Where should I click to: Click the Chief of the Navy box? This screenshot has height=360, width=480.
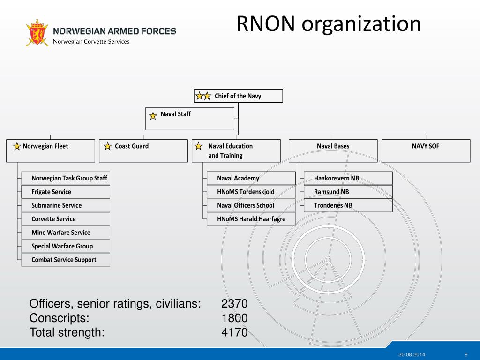238,96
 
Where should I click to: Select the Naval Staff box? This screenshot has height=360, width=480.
189,119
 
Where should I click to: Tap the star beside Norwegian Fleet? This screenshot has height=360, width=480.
17,146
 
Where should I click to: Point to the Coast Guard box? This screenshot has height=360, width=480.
143,150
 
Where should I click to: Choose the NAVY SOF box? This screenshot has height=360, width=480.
426,150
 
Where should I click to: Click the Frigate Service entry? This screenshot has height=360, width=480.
66,192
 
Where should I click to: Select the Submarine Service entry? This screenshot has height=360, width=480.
66,205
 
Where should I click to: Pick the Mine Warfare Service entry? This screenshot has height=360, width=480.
66,232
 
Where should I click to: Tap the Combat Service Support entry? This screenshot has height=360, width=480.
66,260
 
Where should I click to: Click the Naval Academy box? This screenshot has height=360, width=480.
251,178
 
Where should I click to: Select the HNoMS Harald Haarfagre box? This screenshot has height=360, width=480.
251,219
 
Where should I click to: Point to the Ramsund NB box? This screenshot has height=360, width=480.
348,192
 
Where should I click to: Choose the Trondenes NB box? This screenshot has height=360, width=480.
348,205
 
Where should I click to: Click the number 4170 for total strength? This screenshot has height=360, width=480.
234,333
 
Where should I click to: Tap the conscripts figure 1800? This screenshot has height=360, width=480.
234,318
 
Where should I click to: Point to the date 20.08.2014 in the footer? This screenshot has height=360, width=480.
412,354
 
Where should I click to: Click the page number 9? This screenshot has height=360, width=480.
466,354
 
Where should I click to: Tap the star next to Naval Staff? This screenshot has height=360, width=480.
153,115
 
